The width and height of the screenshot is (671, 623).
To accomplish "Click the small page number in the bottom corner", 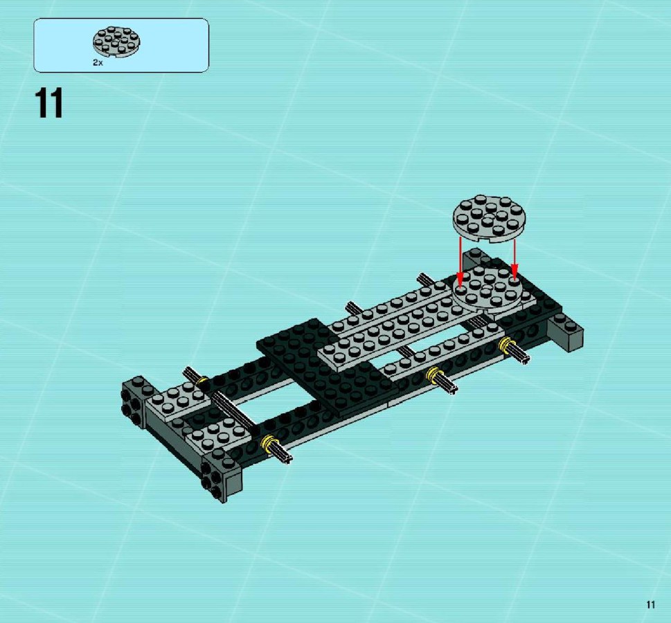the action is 650,604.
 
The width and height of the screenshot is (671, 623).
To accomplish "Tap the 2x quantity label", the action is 98,63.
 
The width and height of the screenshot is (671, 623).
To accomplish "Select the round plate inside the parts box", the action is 116,42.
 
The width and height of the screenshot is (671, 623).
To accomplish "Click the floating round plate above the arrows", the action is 489,219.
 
